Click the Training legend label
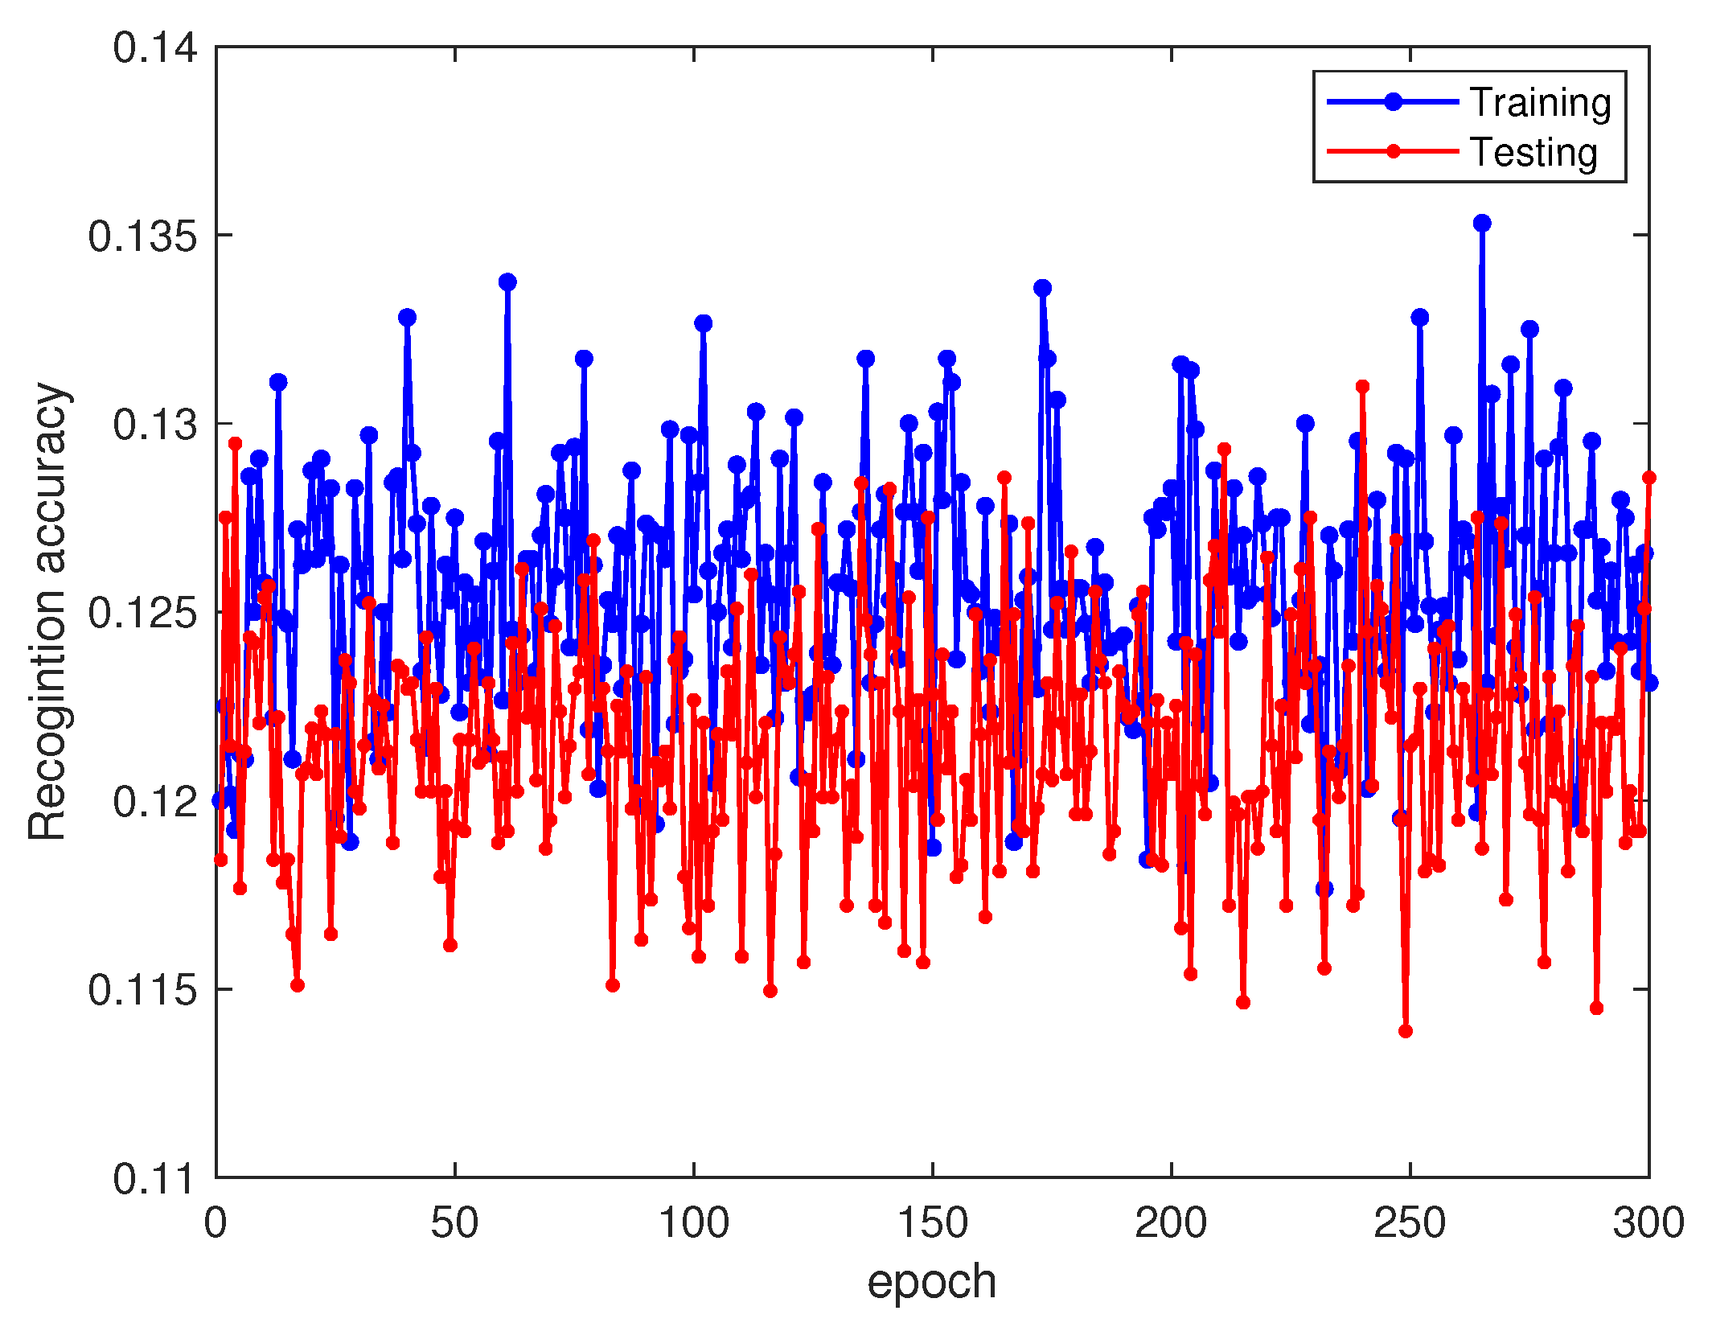pos(1540,103)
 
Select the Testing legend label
pos(1533,153)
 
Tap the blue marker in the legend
pos(1394,101)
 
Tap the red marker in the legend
pos(1394,151)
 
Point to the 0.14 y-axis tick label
pos(154,48)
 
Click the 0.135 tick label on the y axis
pos(142,236)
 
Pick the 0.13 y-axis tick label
pos(154,425)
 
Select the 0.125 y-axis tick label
pos(142,613)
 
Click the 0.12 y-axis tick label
pos(154,802)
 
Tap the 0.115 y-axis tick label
pos(142,990)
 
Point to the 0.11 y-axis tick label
pos(154,1179)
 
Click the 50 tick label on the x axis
pos(454,1223)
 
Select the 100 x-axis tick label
pos(693,1223)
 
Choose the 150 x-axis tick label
pos(932,1223)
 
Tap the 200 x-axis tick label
pos(1171,1223)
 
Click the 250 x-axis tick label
pos(1410,1223)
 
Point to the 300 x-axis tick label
pos(1648,1223)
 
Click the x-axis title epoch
pos(931,1281)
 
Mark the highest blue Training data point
pos(1482,223)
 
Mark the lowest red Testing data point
pos(1406,1031)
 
